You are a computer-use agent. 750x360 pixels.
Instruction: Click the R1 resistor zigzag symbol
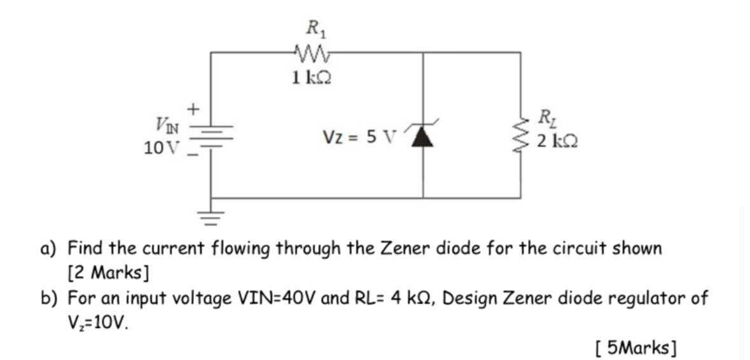click(312, 52)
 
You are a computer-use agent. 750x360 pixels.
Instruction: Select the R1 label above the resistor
click(313, 29)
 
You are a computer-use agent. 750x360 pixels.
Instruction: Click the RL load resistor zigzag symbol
click(523, 133)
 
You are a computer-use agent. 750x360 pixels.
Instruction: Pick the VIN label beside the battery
click(167, 121)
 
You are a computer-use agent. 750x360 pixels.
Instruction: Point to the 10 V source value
click(162, 149)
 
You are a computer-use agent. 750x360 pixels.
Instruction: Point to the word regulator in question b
click(648, 298)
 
